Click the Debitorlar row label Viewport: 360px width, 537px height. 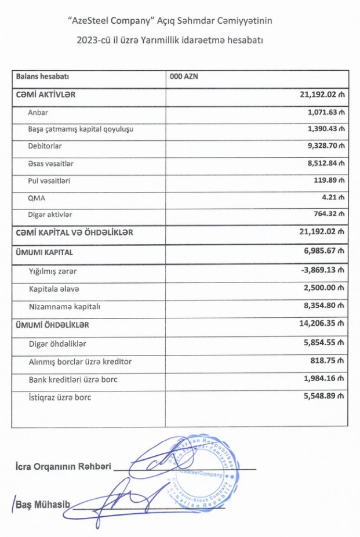coord(45,146)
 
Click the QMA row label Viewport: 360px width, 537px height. coord(37,198)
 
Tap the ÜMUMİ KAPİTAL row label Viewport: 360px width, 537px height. coord(44,252)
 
